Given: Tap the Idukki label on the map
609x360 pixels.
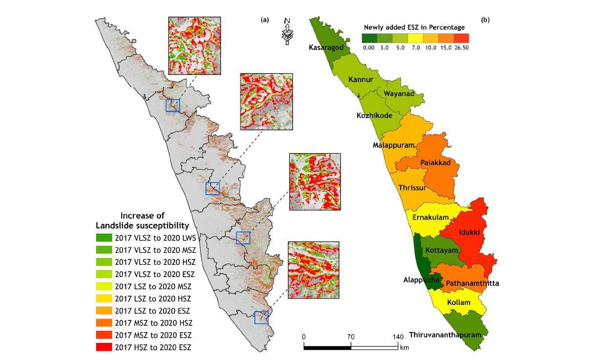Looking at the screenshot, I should coord(469,233).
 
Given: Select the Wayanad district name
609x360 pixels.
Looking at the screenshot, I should coord(399,94).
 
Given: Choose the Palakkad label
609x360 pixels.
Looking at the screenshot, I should coord(435,162).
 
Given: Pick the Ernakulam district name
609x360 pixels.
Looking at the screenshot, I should coord(430,217).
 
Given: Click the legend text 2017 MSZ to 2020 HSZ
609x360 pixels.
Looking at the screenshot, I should coord(153,323).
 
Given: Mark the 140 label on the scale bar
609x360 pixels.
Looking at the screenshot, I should coord(398,337).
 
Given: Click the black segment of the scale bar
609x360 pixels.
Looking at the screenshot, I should coord(327,347).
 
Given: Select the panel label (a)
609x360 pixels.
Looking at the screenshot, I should coord(265,20).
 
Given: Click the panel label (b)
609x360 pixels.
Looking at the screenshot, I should coord(486,20).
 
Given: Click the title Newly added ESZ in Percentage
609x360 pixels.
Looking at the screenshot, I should coord(414,27).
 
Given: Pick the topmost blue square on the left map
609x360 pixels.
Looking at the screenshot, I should coord(173,105).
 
